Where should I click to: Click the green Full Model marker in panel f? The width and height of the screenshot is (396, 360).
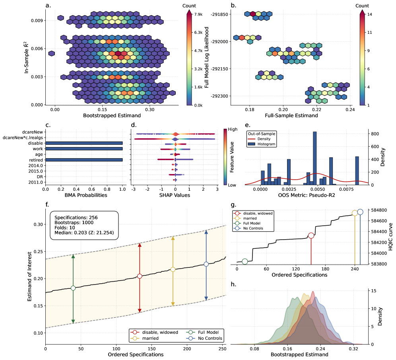click(73, 288)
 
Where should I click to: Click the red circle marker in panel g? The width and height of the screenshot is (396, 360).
click(311, 236)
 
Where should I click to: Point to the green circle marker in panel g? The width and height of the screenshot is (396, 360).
click(245, 261)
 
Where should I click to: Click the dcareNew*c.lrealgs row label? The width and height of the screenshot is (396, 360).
click(23, 137)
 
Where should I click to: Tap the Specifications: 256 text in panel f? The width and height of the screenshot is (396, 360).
click(76, 218)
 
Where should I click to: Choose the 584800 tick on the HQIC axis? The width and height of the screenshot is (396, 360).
click(378, 210)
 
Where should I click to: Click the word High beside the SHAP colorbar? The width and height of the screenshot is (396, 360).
click(233, 130)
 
